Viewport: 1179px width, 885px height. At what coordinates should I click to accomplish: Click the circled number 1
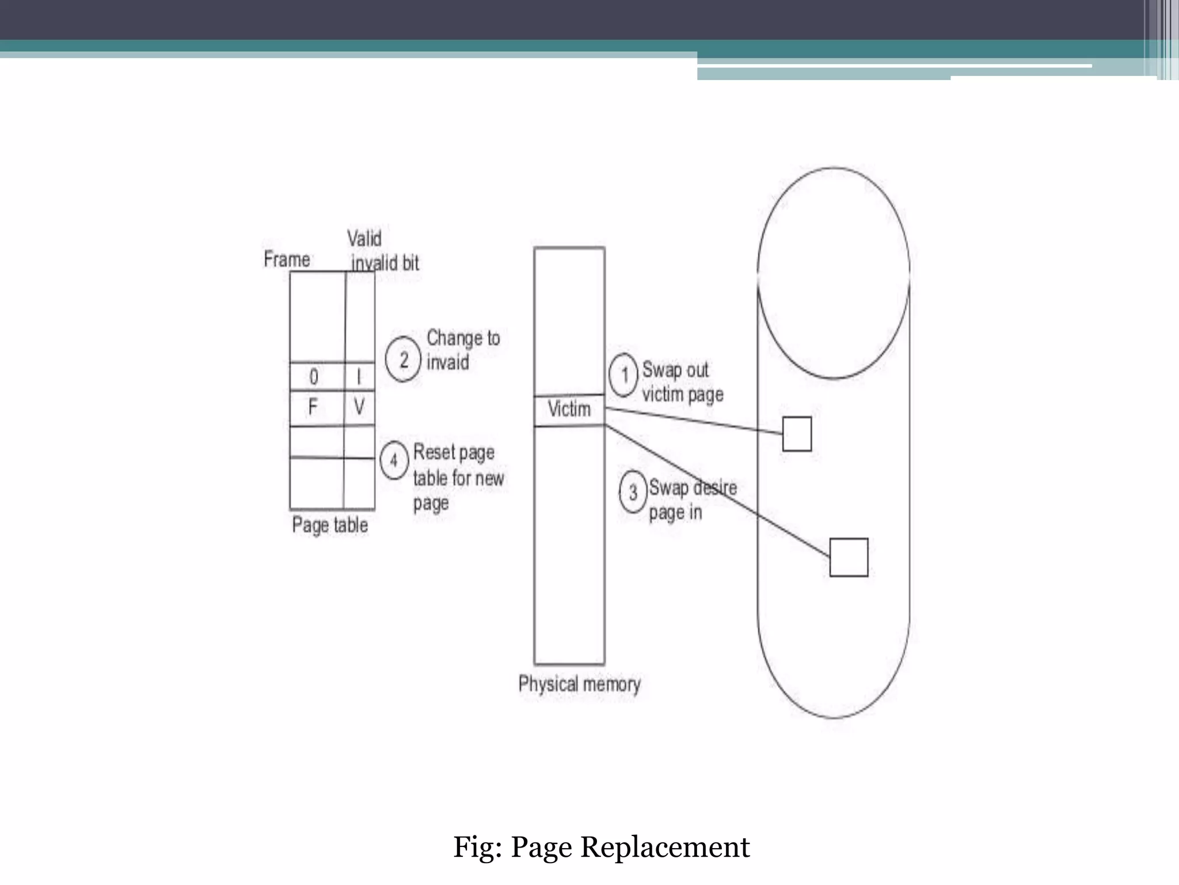623,375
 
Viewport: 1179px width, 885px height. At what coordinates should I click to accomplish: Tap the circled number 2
403,360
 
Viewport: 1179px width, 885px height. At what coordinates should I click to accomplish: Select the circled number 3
633,492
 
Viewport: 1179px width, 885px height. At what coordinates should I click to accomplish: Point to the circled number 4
394,460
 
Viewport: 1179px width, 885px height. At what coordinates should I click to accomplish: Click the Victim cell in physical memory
569,410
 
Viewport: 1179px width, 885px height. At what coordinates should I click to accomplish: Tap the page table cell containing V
360,408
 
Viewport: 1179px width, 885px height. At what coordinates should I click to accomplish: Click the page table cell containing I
360,377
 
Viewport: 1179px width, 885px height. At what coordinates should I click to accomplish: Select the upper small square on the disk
797,434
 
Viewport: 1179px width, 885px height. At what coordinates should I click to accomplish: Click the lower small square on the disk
849,557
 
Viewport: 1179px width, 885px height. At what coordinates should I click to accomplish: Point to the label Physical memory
579,684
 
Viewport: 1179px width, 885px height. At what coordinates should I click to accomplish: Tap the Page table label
330,525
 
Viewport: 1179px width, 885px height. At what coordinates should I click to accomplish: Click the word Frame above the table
287,259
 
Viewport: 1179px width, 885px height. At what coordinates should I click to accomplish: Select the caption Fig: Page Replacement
601,847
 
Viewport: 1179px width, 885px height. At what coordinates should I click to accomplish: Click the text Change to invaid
462,350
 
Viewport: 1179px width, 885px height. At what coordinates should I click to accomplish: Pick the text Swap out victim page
682,382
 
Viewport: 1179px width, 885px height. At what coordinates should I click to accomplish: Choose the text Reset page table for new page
458,478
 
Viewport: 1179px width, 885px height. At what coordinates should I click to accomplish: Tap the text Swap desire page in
692,500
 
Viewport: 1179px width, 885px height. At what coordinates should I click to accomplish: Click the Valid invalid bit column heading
383,251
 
